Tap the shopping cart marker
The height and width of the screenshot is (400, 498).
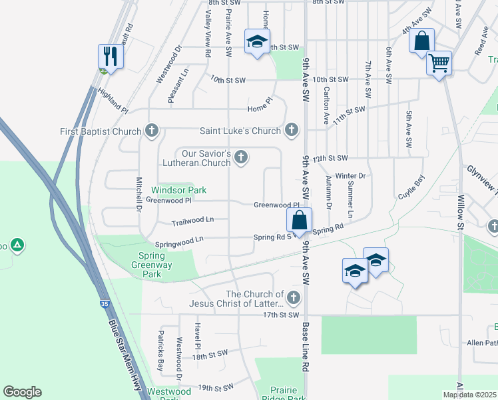coord(439,63)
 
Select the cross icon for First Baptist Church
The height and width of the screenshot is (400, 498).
coord(152,131)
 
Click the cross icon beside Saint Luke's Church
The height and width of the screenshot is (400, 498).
coord(291,131)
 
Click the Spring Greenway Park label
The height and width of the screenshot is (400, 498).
coord(154,265)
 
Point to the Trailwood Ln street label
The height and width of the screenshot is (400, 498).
coord(192,219)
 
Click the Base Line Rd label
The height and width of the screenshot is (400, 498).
coord(305,347)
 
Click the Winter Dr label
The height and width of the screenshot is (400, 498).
coord(350,176)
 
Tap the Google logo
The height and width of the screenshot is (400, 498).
coord(22,392)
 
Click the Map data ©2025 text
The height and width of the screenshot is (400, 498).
coord(469,395)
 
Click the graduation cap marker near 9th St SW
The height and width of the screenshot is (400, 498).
coord(256,41)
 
